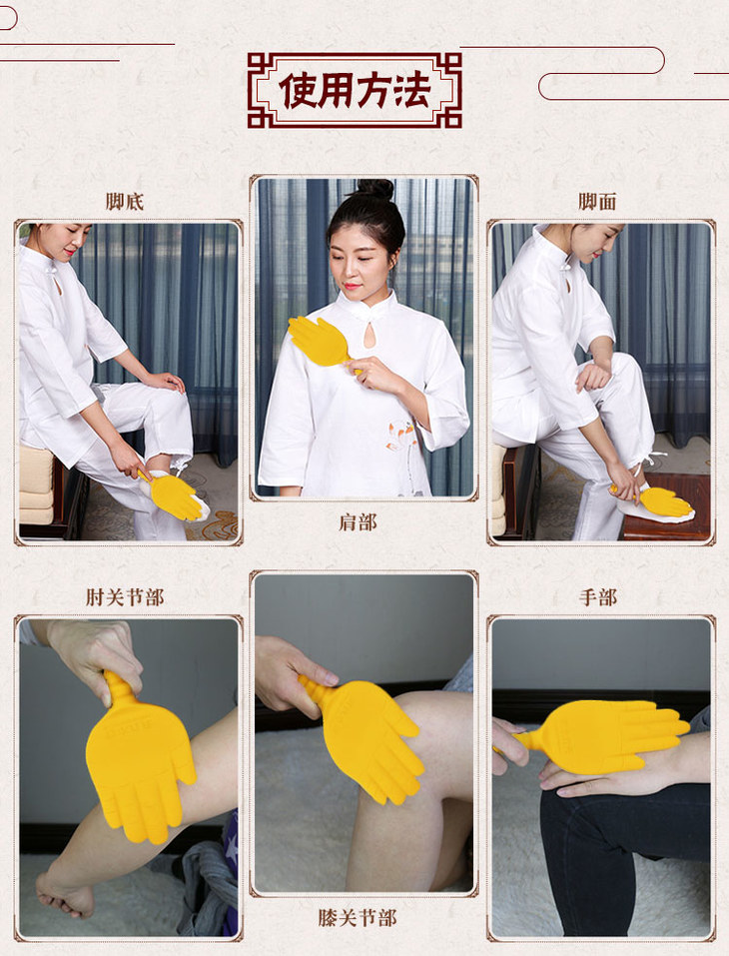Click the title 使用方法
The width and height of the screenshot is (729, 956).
355,90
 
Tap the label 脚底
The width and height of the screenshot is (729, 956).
125,202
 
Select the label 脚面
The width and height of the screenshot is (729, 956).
598,202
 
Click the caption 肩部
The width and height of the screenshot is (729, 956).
358,522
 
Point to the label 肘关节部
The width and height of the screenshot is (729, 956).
125,597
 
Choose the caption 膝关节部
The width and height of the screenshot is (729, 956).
358,918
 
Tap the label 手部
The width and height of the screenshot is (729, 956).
598,597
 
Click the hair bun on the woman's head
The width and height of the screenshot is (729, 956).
373,189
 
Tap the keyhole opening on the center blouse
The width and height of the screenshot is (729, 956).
368,335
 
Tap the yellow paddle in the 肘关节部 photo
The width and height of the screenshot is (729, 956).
139,758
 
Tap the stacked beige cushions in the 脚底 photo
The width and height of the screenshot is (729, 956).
36,485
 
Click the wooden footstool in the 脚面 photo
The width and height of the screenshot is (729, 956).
667,507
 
